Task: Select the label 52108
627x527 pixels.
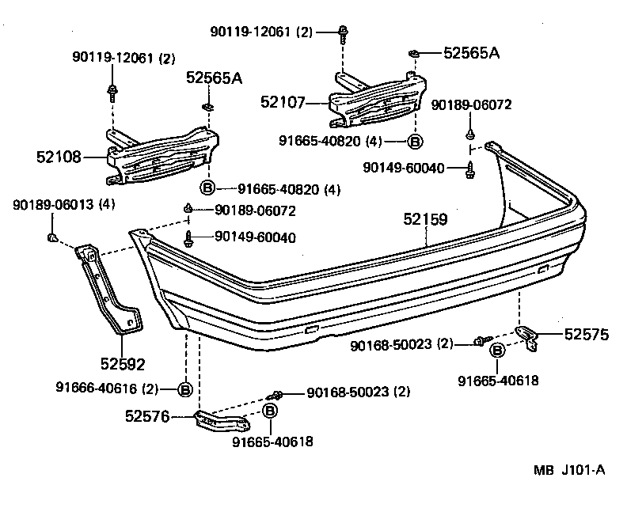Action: [59, 157]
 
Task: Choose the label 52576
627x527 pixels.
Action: [147, 415]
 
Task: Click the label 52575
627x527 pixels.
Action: [586, 335]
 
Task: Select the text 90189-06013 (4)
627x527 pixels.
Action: [63, 205]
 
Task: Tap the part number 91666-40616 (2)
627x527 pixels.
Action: [107, 388]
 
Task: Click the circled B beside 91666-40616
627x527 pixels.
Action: [184, 389]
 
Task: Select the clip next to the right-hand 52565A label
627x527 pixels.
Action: [413, 53]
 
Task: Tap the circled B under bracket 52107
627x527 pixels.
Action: [415, 141]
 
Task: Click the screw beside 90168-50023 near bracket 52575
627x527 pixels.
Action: [481, 341]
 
